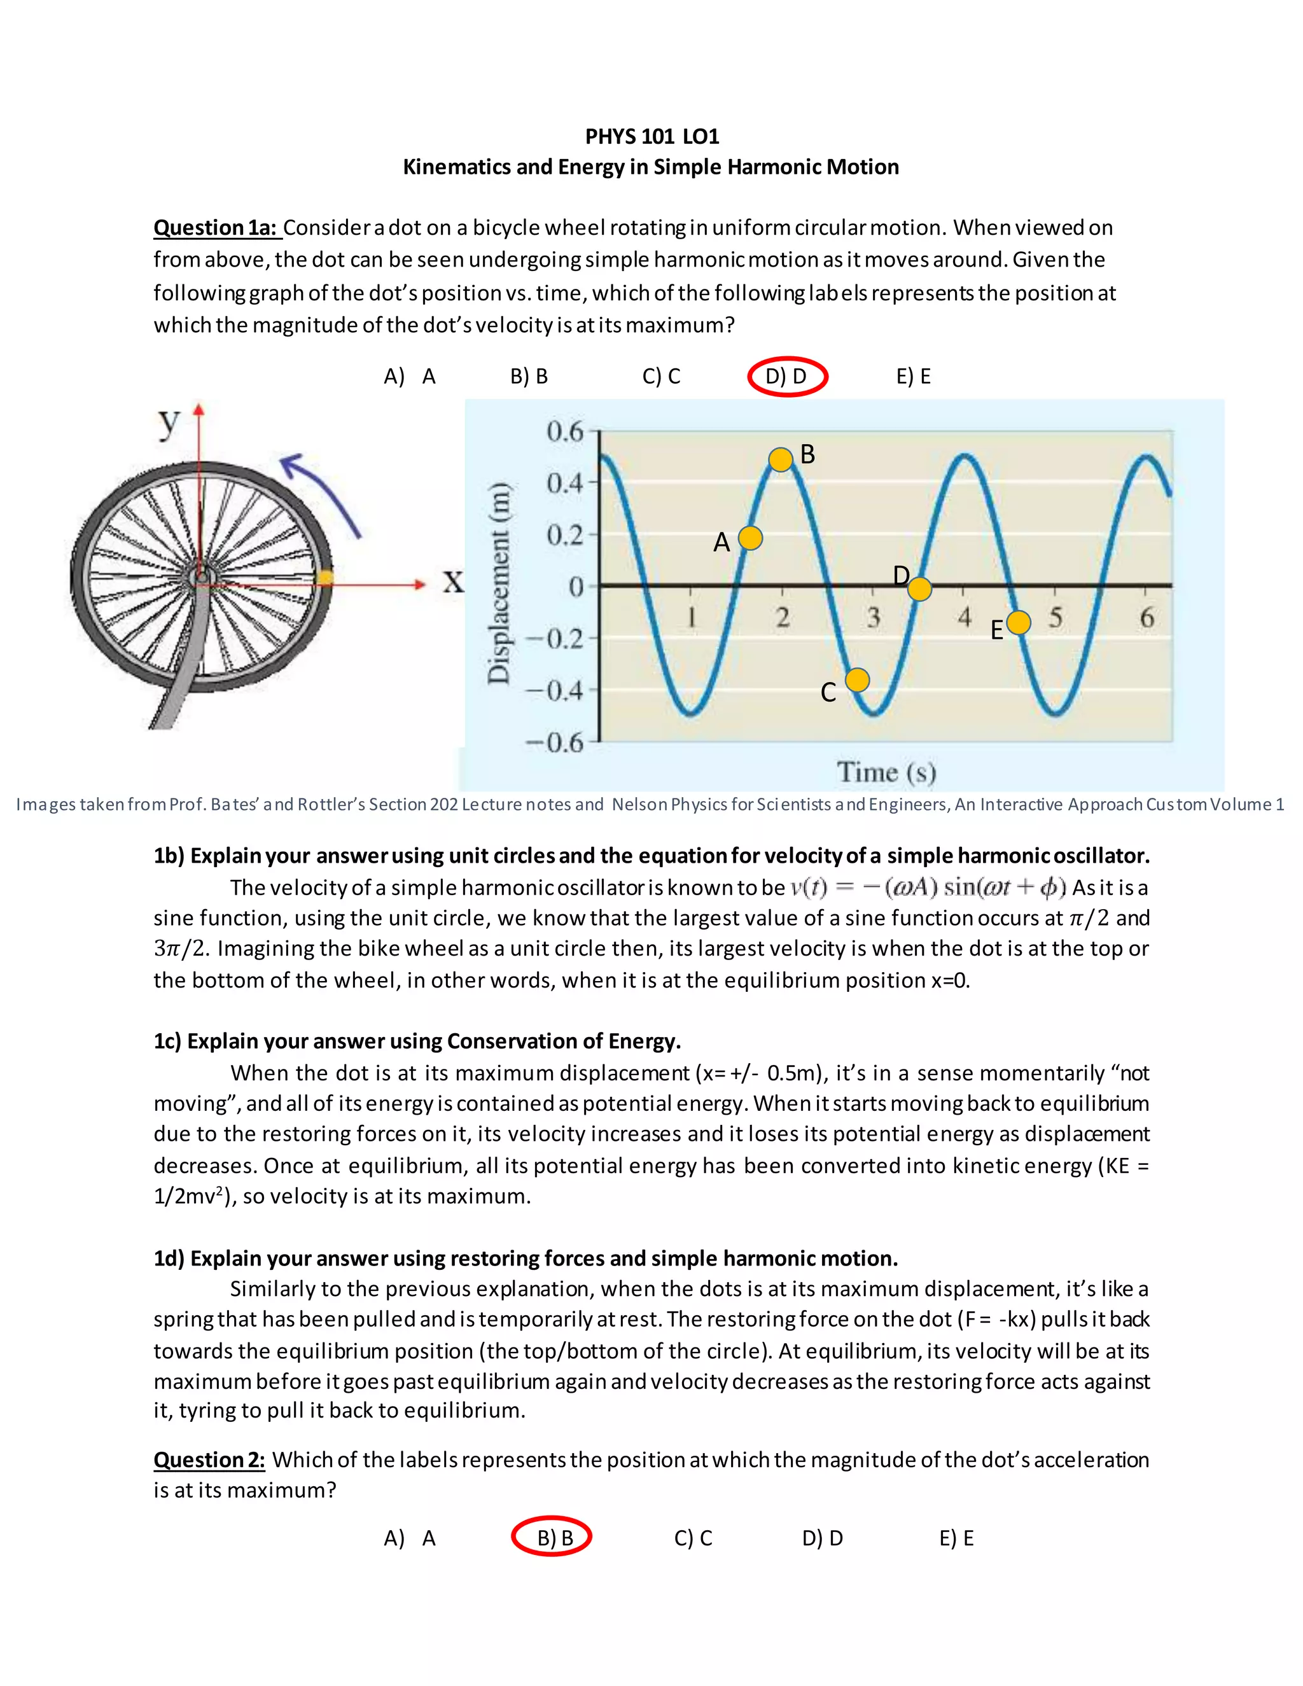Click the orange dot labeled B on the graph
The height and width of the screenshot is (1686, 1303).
pos(781,459)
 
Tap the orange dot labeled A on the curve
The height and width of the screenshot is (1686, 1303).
pos(750,538)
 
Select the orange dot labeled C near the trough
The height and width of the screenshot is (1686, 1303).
pos(858,680)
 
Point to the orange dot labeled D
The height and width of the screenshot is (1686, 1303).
pos(919,590)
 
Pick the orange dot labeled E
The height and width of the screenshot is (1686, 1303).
pos(1019,622)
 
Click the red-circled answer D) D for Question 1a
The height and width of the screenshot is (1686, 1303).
pos(786,377)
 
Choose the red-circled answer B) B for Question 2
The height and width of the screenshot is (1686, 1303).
pos(553,1538)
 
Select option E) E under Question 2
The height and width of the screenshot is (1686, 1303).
pos(956,1538)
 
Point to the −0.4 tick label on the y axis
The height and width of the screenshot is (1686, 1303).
pos(555,690)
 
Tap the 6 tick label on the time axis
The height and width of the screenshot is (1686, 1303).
pos(1147,618)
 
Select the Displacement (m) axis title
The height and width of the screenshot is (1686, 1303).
pos(499,582)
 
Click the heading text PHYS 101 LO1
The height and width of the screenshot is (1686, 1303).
pos(651,137)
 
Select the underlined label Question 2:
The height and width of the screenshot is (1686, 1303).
pos(209,1460)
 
